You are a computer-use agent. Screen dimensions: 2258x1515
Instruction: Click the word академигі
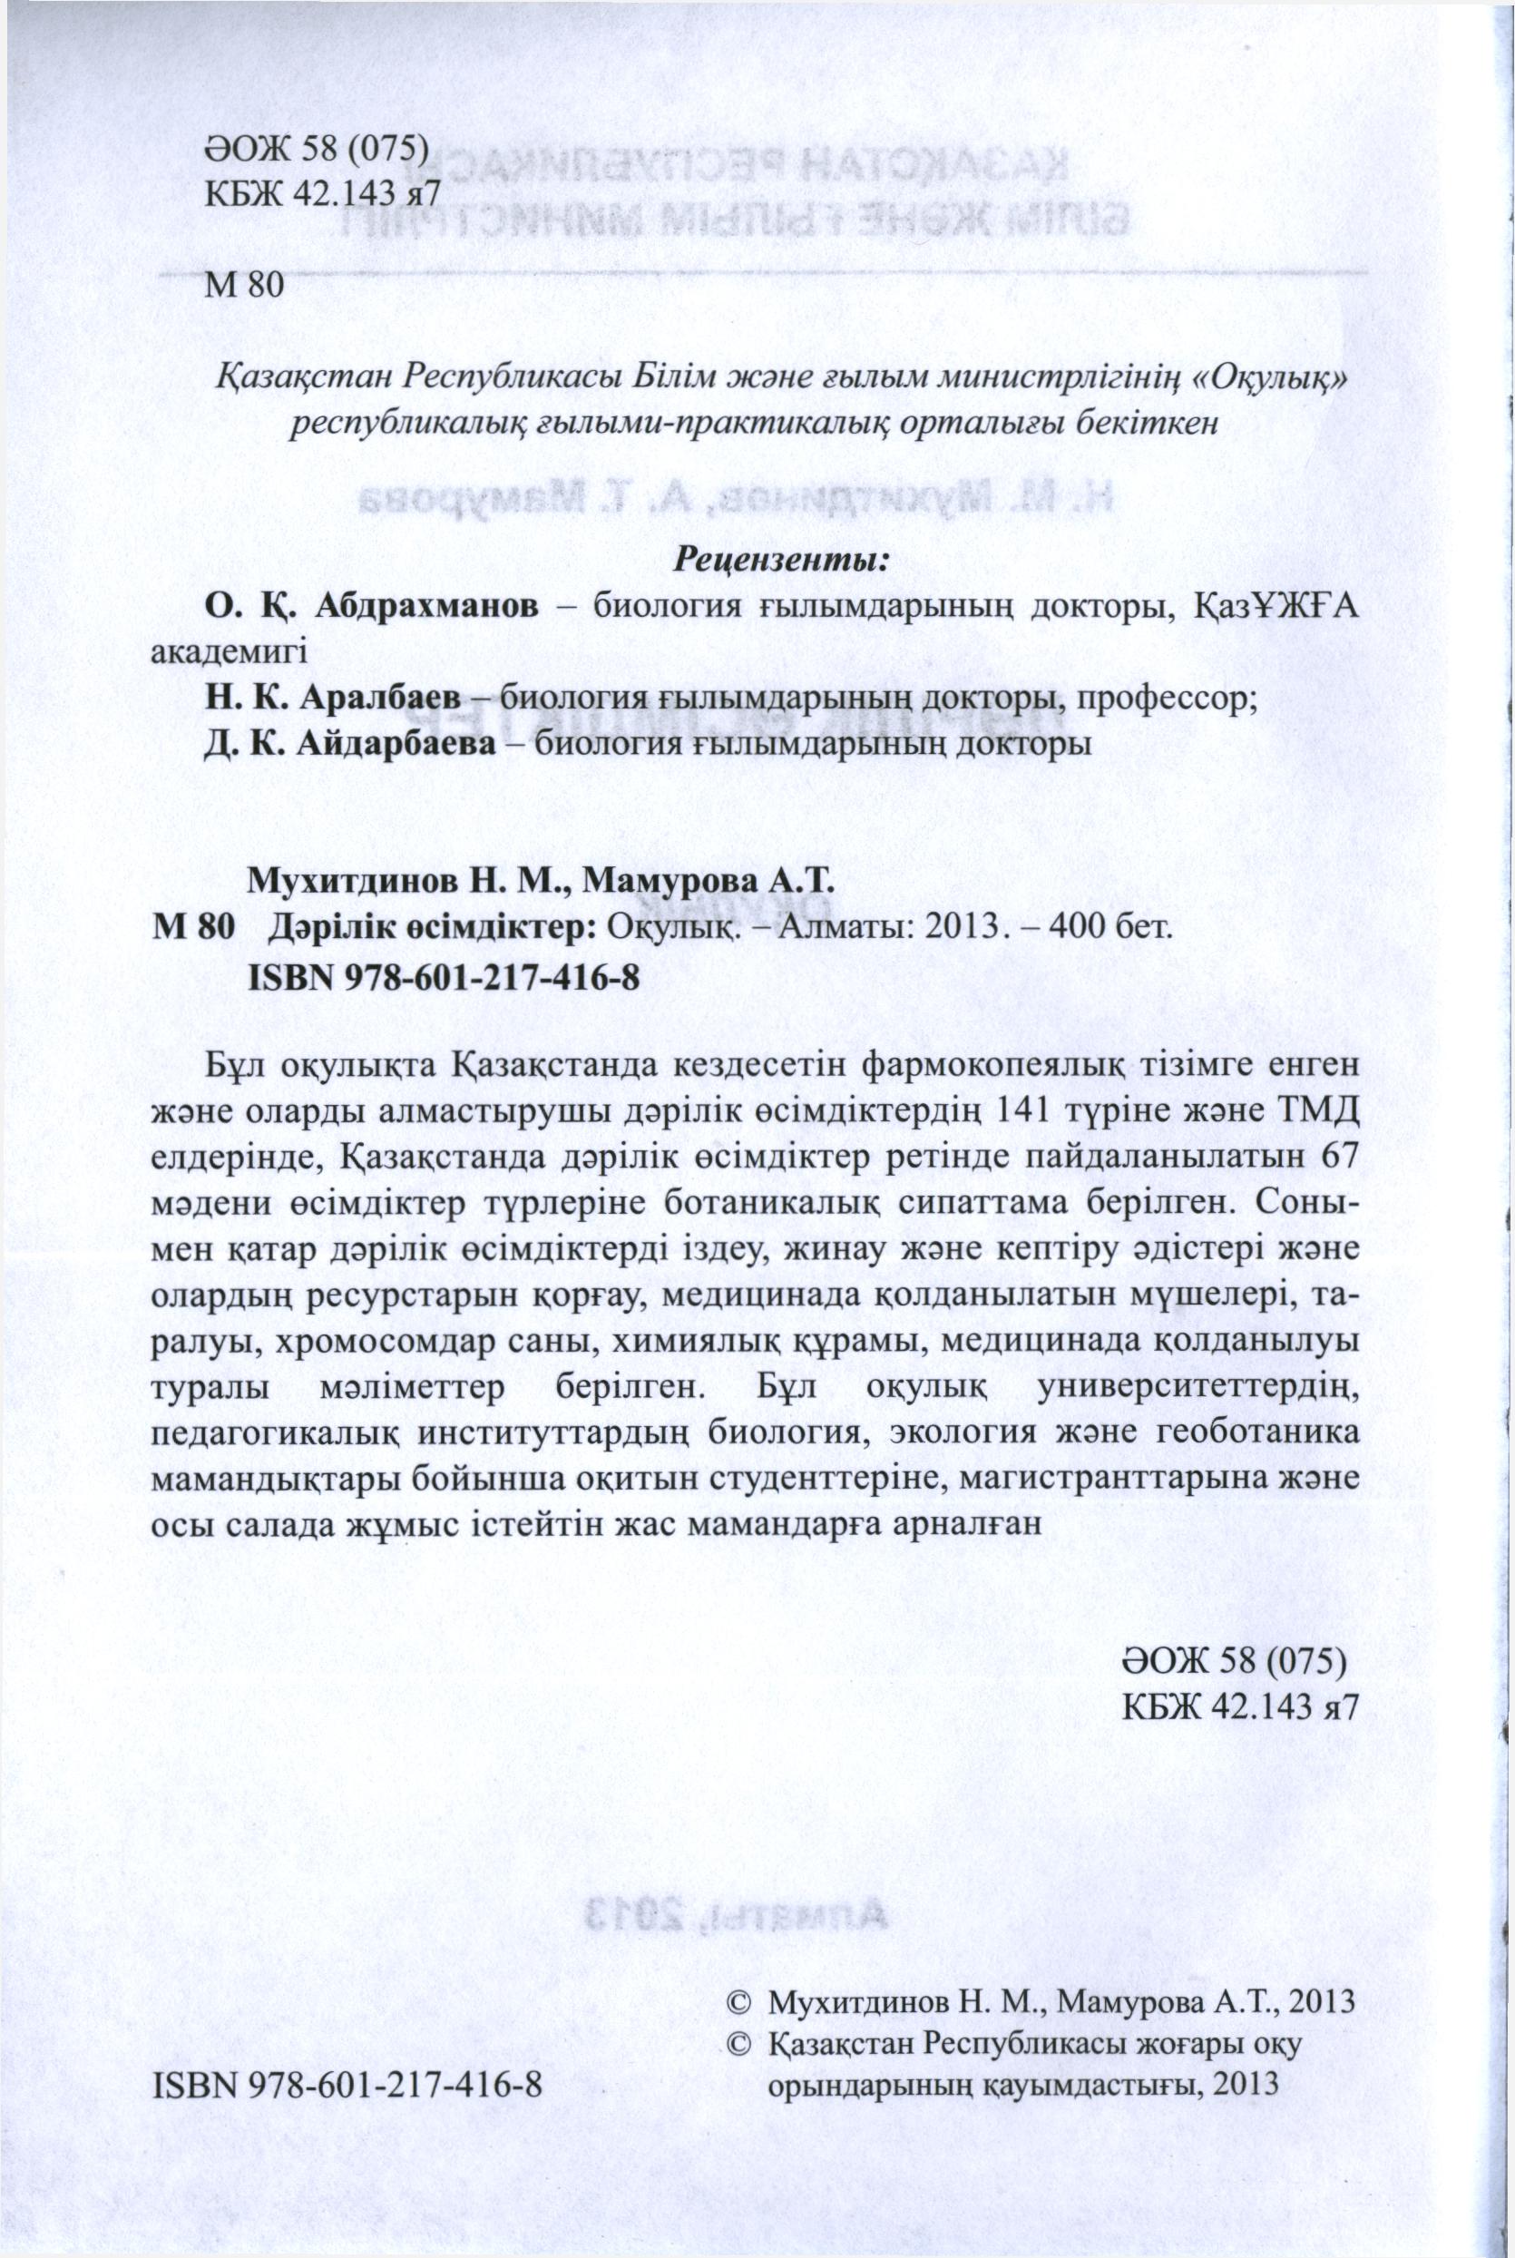(230, 650)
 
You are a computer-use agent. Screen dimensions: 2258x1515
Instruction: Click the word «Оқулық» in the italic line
(1264, 376)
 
